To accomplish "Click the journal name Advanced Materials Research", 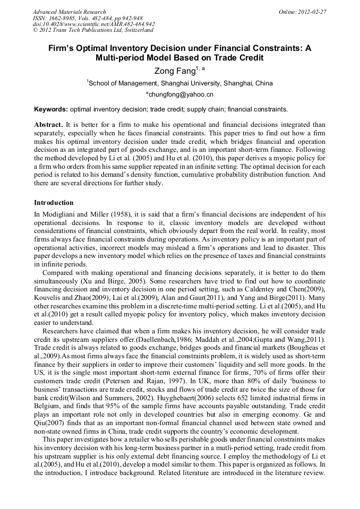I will pyautogui.click(x=69, y=12).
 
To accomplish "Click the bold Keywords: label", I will pyautogui.click(x=51, y=109).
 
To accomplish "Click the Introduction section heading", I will pyautogui.click(x=54, y=203).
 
